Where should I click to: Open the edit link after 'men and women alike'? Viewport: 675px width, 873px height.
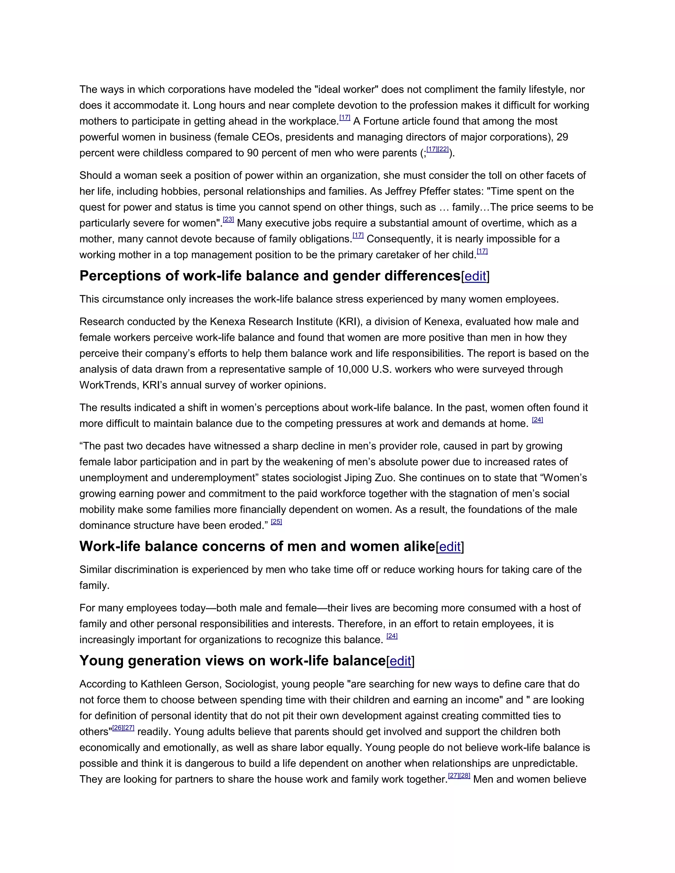point(450,547)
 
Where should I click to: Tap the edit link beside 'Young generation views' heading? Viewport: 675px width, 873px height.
point(400,661)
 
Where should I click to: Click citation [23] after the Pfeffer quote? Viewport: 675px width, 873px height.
point(228,219)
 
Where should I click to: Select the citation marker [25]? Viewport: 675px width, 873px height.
point(276,521)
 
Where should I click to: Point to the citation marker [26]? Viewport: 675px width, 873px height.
point(118,728)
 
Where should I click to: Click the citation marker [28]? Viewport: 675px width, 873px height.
point(465,775)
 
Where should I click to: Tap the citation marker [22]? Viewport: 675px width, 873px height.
point(443,150)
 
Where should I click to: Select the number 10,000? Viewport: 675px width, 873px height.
point(353,369)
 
